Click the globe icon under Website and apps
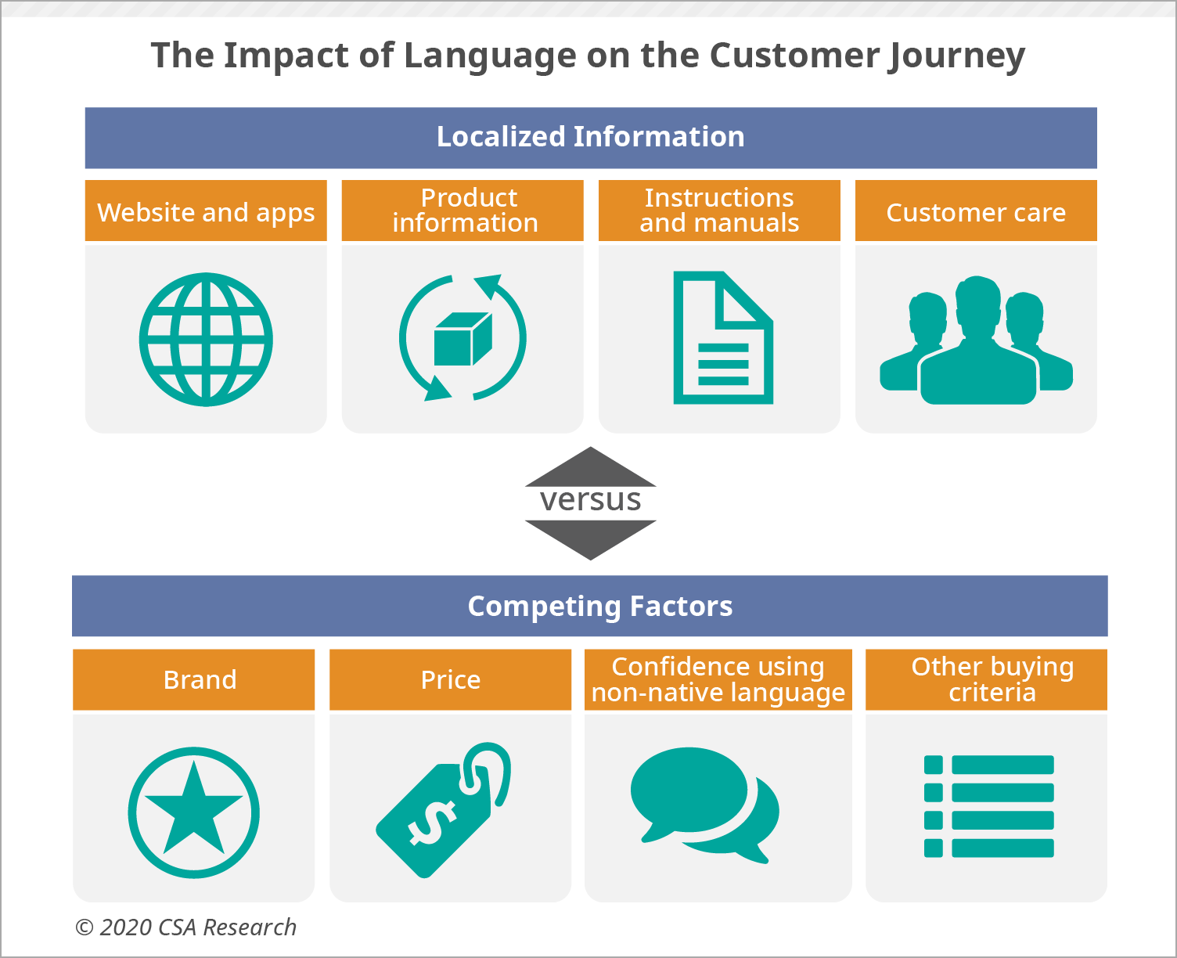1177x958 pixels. [206, 339]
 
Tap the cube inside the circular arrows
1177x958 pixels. [463, 339]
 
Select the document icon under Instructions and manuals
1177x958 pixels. [723, 337]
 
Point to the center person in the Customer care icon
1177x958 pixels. [978, 340]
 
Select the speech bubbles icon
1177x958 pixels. [704, 805]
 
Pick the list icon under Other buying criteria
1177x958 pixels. [988, 806]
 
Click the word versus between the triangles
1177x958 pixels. [590, 500]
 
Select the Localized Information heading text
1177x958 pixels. [590, 136]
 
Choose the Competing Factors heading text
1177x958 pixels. [600, 606]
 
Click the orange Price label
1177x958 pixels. [450, 679]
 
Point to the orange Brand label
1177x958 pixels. [194, 679]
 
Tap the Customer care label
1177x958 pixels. [976, 212]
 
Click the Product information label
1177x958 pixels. [466, 211]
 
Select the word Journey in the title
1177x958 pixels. [956, 56]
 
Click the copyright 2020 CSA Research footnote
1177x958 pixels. [185, 927]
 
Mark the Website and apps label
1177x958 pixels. [206, 213]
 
